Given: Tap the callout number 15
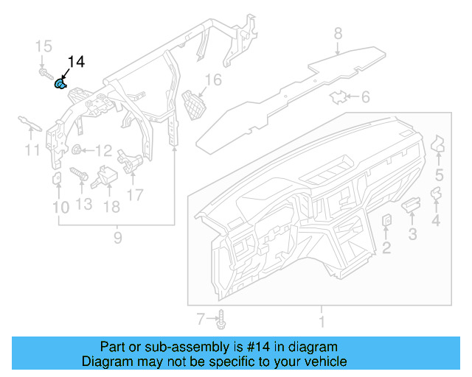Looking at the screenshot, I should (44, 47).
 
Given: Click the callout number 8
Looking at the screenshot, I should (338, 33).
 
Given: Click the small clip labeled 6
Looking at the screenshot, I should (339, 96).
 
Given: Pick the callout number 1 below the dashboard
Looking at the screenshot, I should (320, 321).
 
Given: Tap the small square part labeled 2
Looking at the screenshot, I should (386, 220).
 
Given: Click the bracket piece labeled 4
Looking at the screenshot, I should (437, 194).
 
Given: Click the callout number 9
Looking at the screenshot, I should (117, 237).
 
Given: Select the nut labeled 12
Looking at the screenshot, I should (76, 151).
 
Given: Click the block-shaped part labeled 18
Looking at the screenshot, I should (111, 177).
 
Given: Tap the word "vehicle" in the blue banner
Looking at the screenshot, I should (319, 362).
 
